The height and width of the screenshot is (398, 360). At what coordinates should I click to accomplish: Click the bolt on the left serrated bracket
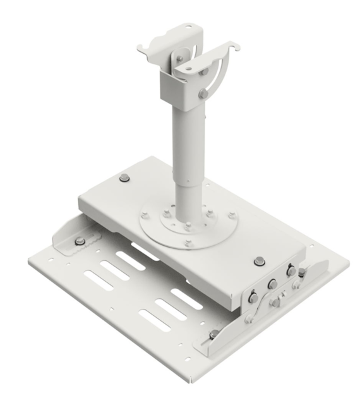[80, 242]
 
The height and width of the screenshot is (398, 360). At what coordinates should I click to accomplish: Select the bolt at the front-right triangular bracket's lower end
[214, 334]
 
